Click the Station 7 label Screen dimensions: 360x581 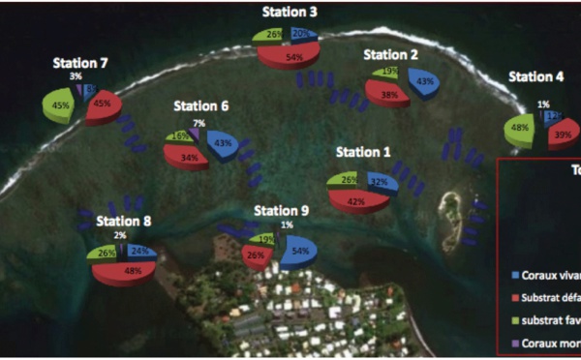pyautogui.click(x=81, y=64)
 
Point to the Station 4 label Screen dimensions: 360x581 pyautogui.click(x=535, y=77)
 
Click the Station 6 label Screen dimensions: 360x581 pyautogui.click(x=201, y=105)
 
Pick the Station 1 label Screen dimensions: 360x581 pyautogui.click(x=363, y=152)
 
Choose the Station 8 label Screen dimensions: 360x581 pyautogui.click(x=124, y=221)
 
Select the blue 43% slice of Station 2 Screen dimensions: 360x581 pyautogui.click(x=425, y=83)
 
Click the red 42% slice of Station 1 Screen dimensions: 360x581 pyautogui.click(x=358, y=200)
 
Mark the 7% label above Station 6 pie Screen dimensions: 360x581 pyautogui.click(x=199, y=124)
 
